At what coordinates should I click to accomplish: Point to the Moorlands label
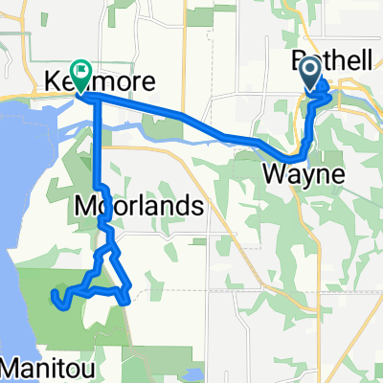[x=139, y=206]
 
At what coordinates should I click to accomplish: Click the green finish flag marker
[x=79, y=73]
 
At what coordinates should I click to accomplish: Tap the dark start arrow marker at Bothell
[x=311, y=73]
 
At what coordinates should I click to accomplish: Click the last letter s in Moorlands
[x=197, y=206]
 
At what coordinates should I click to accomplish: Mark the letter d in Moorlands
[x=184, y=206]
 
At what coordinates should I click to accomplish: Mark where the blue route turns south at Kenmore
[x=97, y=100]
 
